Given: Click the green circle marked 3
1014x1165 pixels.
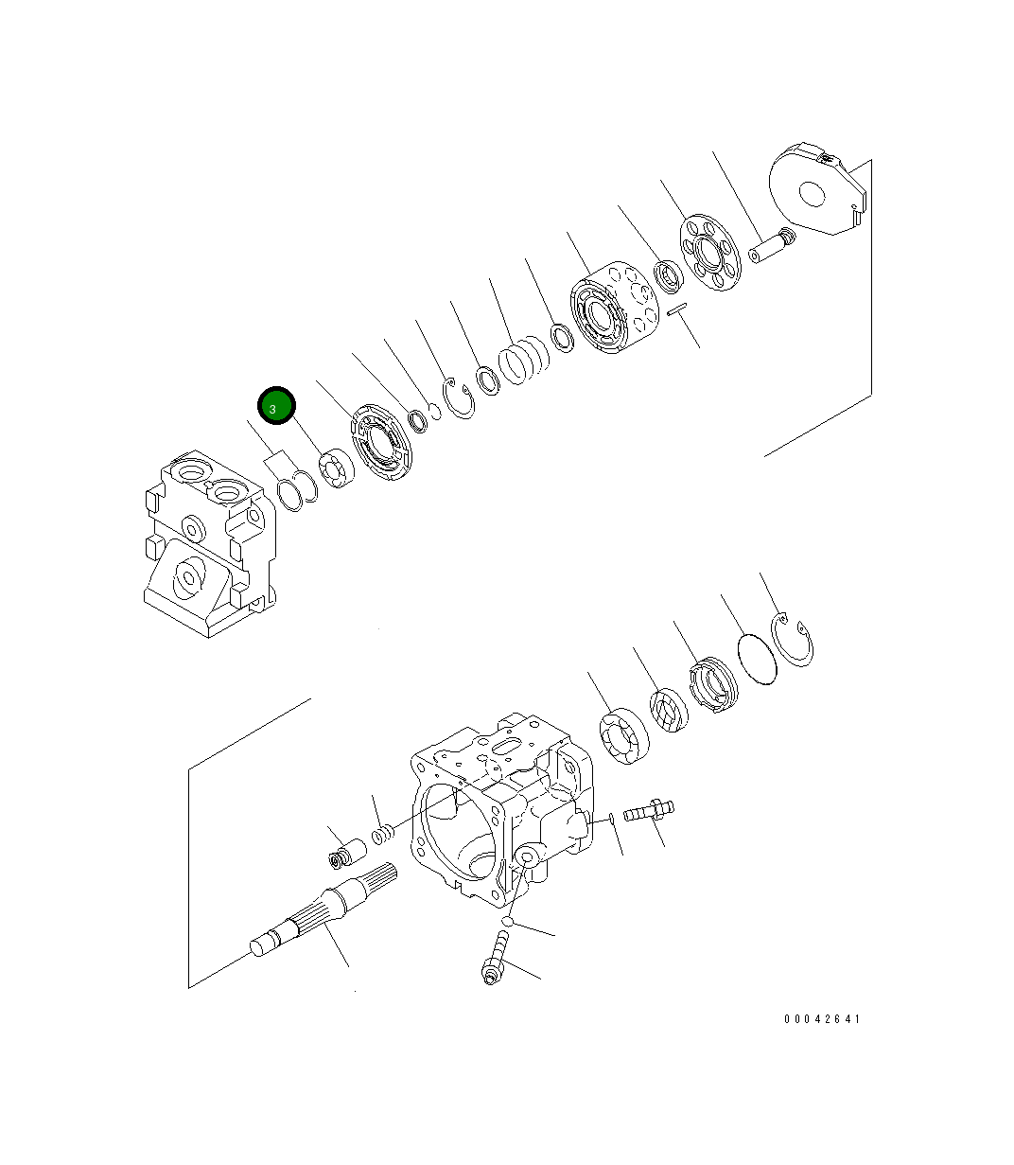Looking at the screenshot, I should (x=276, y=407).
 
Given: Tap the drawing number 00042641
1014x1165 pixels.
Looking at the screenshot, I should (x=822, y=1019).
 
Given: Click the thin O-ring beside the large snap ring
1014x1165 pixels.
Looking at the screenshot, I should (x=757, y=657).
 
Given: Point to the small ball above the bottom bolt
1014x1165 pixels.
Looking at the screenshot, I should (x=508, y=920).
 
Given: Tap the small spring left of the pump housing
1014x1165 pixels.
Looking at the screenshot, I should (x=381, y=836).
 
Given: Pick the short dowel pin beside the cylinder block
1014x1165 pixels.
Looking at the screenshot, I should (x=675, y=309).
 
